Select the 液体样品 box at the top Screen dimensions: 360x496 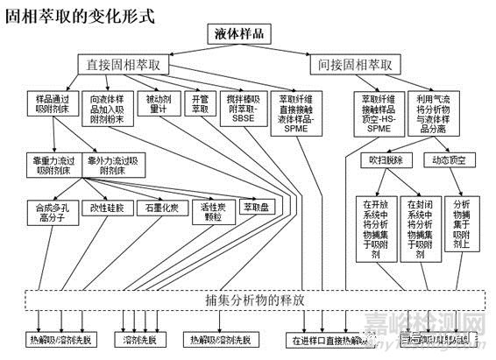pos(239,34)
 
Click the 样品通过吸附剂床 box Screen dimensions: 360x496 pos(53,103)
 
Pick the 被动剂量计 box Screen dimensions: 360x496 pos(159,103)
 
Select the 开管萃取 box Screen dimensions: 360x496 pos(199,103)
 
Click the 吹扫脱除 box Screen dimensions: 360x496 pos(386,159)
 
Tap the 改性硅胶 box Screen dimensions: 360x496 pos(107,208)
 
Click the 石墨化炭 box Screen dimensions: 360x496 pos(162,208)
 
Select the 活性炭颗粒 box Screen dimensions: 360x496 pos(209,211)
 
